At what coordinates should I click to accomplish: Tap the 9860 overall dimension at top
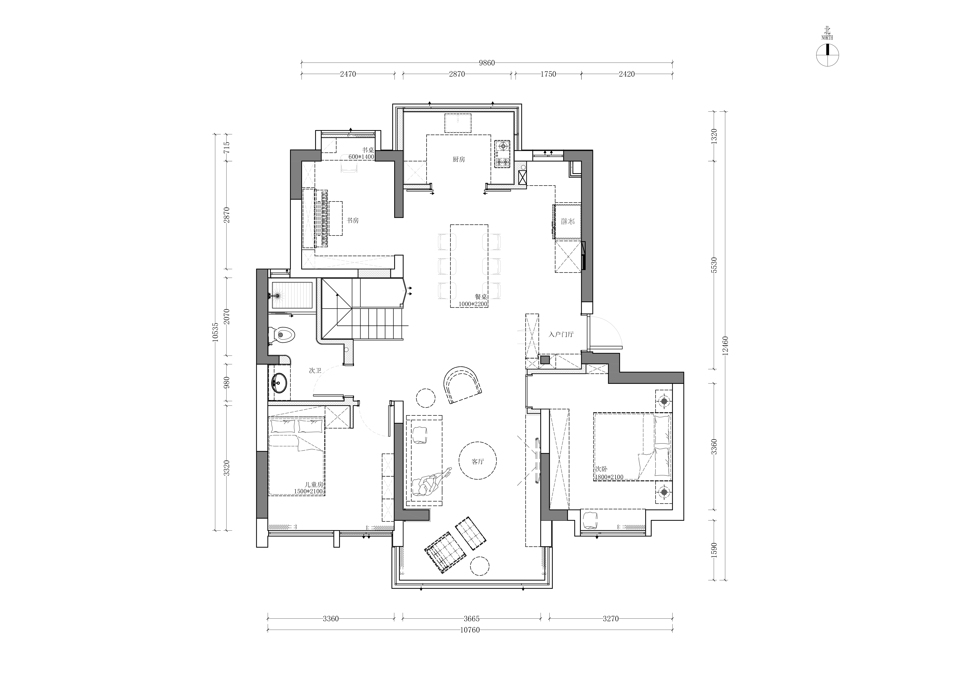487,63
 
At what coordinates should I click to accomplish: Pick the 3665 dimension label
471,619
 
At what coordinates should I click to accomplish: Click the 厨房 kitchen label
459,159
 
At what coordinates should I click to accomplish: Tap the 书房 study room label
352,220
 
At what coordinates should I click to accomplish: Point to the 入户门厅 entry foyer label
561,335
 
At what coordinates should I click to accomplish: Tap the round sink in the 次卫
279,381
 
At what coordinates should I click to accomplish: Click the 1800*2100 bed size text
609,477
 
